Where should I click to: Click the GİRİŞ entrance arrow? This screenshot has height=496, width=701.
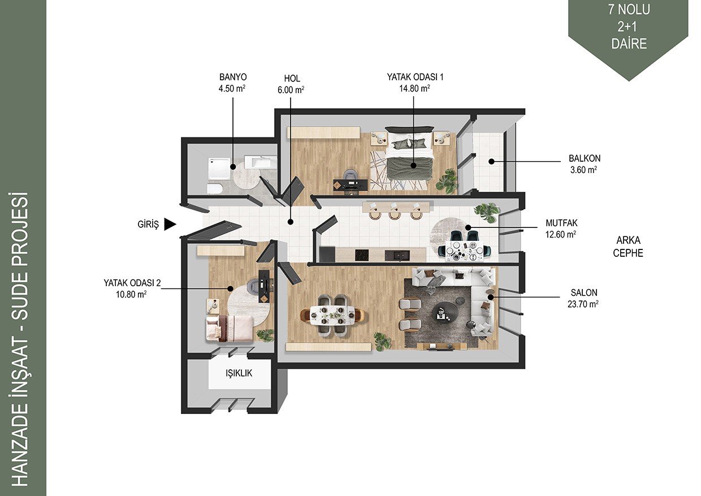[170, 224]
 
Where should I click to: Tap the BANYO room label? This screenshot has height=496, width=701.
[233, 77]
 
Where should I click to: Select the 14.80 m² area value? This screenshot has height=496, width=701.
[414, 88]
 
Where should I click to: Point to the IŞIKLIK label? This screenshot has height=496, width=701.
[239, 373]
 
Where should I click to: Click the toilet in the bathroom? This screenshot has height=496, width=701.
[215, 189]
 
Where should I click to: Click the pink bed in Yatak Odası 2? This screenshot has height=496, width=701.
[229, 329]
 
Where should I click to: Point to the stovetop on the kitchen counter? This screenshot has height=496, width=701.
[361, 255]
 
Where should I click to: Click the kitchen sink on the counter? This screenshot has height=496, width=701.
[397, 255]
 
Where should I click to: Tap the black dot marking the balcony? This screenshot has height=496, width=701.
[491, 162]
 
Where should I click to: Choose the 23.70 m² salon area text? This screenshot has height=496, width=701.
[583, 304]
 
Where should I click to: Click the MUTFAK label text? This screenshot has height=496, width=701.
[562, 223]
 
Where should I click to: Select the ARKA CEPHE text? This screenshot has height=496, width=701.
[628, 247]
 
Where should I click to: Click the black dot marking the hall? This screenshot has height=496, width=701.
[291, 222]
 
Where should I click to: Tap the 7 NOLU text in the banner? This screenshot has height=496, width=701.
[629, 10]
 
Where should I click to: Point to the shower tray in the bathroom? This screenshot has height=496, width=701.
[220, 169]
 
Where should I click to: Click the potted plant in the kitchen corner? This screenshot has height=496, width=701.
[487, 212]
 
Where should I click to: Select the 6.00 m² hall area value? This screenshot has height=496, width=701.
[291, 90]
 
